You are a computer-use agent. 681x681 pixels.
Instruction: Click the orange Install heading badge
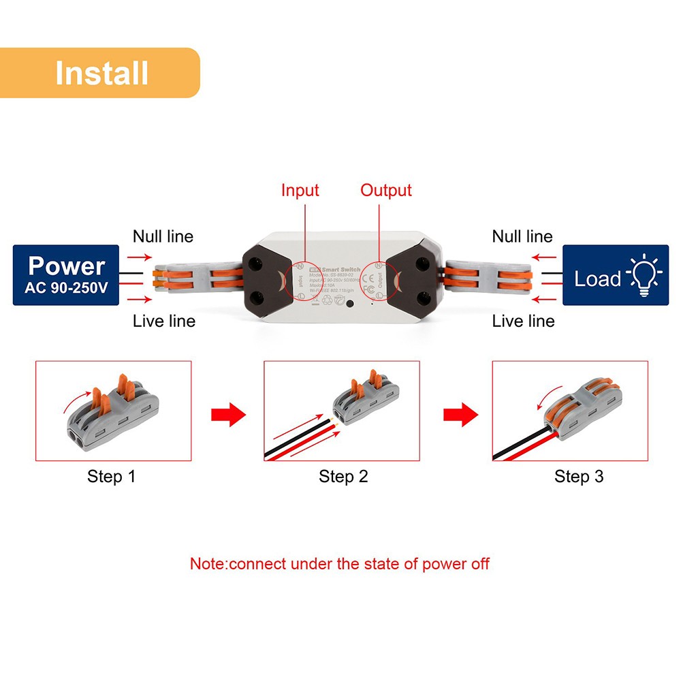click(100, 72)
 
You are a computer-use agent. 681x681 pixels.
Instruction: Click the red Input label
click(300, 191)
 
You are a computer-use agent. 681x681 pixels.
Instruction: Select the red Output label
click(386, 191)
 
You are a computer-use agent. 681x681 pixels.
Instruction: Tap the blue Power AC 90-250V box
click(67, 275)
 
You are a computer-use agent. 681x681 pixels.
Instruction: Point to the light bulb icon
click(644, 276)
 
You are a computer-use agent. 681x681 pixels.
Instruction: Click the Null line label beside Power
click(163, 236)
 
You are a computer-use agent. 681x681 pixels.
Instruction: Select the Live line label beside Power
click(163, 321)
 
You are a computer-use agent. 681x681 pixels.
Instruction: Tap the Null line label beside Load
click(522, 236)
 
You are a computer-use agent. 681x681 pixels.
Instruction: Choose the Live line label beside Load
click(523, 321)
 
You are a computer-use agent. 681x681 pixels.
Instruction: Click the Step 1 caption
click(111, 477)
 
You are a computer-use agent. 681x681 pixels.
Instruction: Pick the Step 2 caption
click(343, 477)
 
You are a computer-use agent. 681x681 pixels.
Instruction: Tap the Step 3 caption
click(579, 477)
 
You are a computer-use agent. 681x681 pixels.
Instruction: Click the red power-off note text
click(339, 564)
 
